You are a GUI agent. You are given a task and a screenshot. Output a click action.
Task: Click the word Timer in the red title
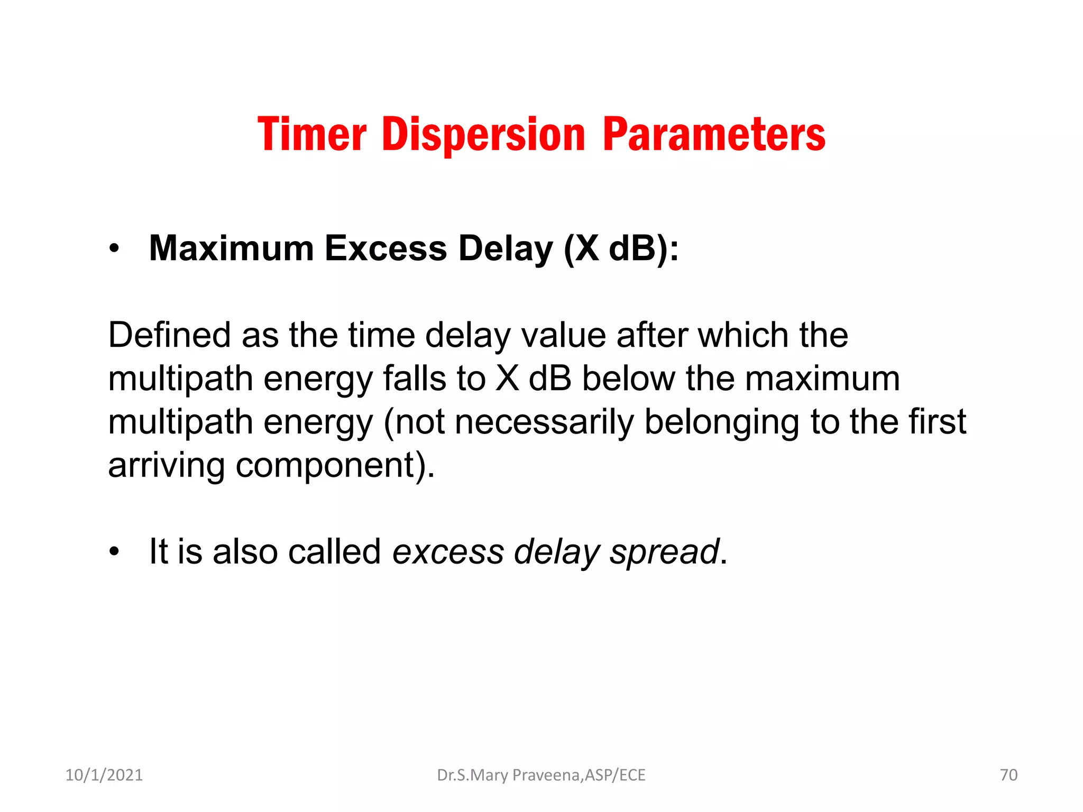[311, 134]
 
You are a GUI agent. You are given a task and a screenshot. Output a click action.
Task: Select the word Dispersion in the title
[483, 134]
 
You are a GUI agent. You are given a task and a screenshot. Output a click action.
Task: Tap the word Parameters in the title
[714, 134]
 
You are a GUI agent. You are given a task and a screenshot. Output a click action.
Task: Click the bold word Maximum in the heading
[232, 248]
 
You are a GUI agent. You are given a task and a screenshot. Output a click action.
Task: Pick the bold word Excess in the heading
[386, 248]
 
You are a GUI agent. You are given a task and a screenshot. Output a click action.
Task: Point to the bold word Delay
[506, 248]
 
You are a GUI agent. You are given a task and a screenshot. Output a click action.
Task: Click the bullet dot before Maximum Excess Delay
[114, 249]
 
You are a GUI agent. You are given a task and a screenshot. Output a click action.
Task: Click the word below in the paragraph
[628, 379]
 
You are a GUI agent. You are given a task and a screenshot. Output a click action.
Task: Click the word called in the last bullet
[334, 551]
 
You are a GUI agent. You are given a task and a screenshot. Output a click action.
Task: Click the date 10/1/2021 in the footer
[104, 775]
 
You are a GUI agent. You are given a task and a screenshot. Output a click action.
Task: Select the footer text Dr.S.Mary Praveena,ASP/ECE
[541, 775]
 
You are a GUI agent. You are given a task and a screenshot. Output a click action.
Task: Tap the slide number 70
[1008, 775]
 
